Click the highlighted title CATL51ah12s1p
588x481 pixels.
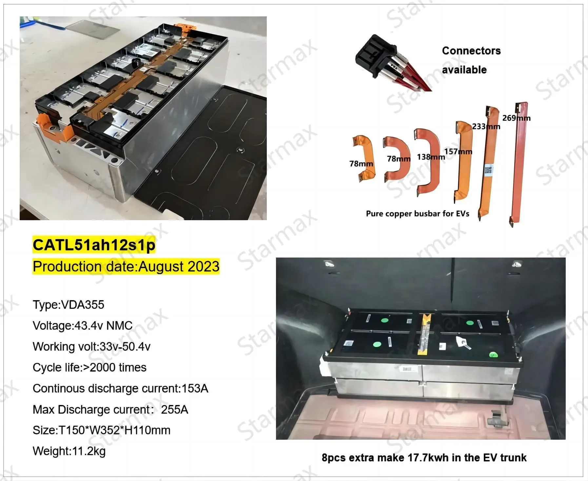94,245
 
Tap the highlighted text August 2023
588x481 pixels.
179,266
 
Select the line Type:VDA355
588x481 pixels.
68,305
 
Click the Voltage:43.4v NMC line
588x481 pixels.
83,326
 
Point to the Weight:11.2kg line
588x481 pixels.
69,451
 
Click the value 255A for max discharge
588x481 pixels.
174,410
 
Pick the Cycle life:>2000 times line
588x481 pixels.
89,368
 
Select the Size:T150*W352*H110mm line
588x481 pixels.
101,430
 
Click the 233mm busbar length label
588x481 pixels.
486,126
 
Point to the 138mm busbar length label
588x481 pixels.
430,157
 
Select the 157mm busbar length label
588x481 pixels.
458,151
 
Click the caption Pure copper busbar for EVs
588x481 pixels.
417,214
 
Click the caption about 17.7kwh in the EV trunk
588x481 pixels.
424,457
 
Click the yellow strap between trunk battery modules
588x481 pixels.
425,334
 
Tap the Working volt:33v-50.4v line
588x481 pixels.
91,347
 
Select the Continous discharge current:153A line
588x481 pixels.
120,389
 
